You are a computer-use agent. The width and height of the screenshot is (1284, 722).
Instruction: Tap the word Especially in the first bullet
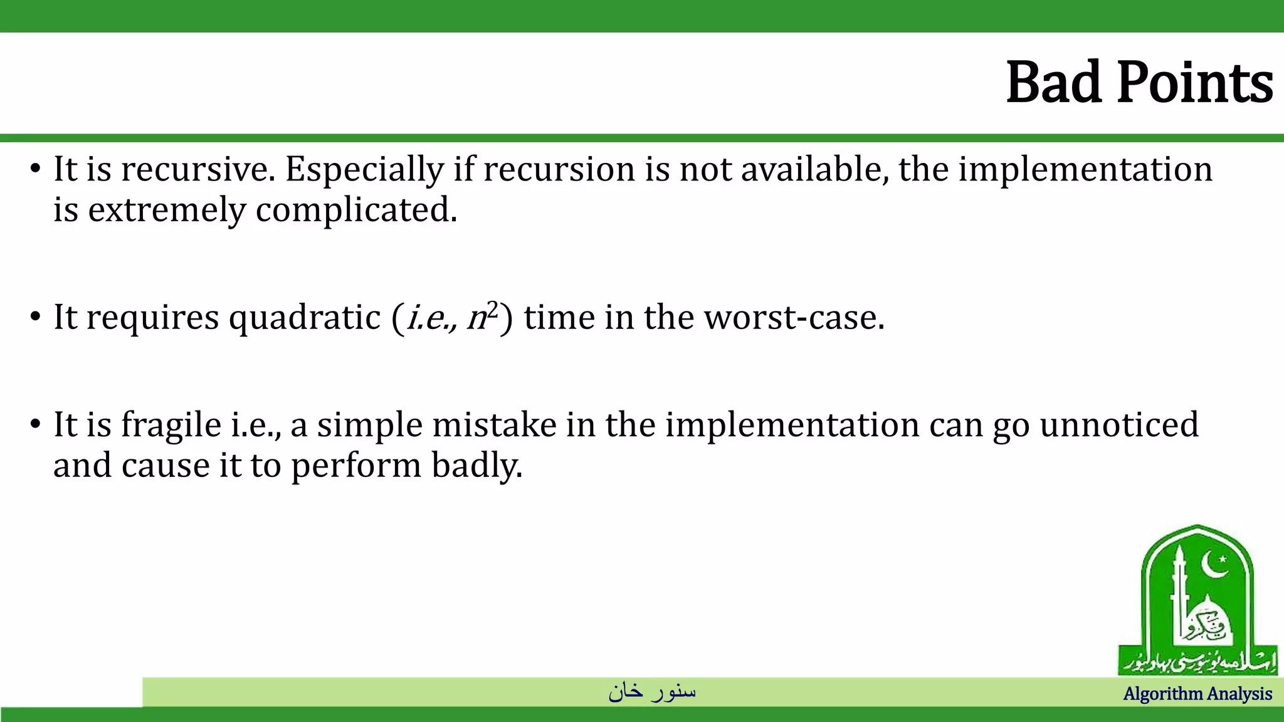(364, 170)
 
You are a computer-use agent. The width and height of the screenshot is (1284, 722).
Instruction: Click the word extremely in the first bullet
(167, 211)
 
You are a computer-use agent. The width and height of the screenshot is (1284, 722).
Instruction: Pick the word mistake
(494, 425)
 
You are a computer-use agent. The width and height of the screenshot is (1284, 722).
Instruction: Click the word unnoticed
(1119, 425)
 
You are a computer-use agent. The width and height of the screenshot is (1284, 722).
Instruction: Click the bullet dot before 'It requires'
(35, 317)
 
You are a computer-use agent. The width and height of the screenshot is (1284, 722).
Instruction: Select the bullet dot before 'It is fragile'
(35, 426)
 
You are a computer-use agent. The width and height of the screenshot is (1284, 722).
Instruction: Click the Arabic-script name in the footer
(652, 691)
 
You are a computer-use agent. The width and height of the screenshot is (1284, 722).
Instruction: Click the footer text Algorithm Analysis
(1197, 694)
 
